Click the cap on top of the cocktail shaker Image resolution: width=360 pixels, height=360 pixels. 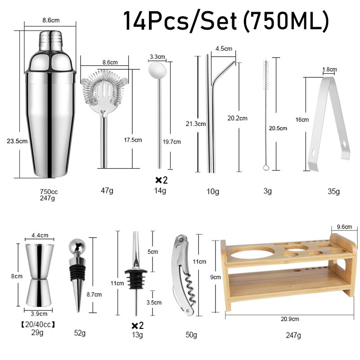pyautogui.click(x=50, y=38)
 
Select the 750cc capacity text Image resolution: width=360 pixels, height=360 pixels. pyautogui.click(x=49, y=191)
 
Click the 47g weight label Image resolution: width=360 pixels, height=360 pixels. pyautogui.click(x=107, y=190)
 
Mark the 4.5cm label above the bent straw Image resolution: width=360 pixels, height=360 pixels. pyautogui.click(x=223, y=48)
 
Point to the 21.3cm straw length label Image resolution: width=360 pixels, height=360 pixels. pyautogui.click(x=196, y=123)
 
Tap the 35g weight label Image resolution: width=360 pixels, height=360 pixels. pyautogui.click(x=334, y=191)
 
